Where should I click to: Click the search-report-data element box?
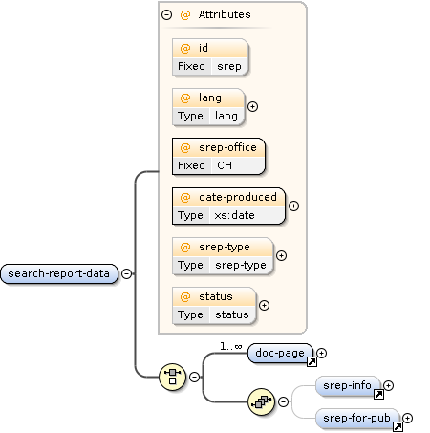pos(58,274)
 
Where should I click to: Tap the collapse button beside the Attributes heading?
pos(167,14)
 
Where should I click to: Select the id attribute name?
pos(204,48)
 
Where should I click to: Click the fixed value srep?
pos(227,67)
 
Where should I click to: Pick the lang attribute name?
pos(209,97)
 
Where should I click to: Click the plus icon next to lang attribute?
pos(252,106)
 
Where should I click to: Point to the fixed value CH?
pos(225,165)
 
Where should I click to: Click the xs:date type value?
pos(234,215)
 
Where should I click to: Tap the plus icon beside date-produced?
pos(293,206)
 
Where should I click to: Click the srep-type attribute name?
pos(224,247)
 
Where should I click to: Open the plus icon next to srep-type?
pos(281,256)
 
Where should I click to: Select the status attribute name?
pos(216,296)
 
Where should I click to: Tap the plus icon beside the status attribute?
pos(264,306)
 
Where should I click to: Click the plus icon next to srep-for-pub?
pos(408,418)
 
